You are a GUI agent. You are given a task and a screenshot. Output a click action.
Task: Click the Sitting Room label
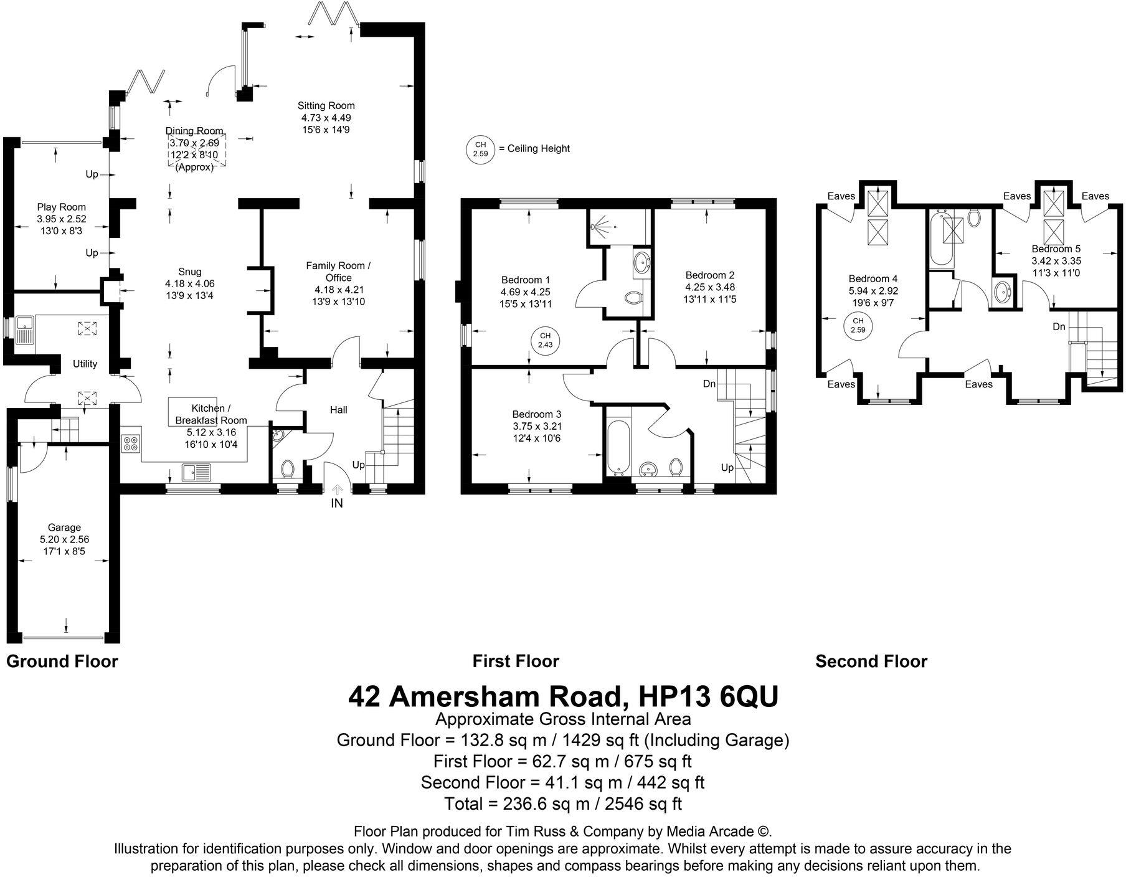coord(326,106)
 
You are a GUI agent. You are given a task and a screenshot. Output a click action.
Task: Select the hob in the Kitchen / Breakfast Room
coord(131,444)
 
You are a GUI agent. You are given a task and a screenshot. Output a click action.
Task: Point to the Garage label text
coord(64,528)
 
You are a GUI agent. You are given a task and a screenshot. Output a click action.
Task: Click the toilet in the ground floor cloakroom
coord(288,468)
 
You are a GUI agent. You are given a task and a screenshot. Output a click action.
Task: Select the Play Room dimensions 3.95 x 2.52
coord(61,219)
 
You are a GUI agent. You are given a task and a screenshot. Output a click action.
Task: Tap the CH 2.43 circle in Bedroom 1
coord(545,340)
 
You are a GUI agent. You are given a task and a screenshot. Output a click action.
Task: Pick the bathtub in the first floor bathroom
coord(617,445)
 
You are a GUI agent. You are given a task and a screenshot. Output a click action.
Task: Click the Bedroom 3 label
coord(537,414)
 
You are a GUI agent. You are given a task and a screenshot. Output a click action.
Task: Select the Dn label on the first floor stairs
coord(709,384)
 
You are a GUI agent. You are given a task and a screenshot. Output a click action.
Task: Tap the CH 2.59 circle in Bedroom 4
coord(858,326)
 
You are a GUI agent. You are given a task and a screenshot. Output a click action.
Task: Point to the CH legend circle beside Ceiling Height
coord(480,149)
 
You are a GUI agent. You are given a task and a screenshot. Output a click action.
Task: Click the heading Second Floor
coord(871,661)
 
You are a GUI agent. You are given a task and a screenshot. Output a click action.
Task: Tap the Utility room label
coord(85,364)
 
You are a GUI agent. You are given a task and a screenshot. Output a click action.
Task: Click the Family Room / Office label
coord(338,272)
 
